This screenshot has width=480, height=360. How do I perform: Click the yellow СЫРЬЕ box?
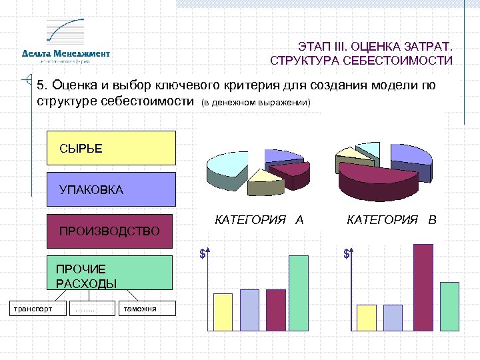point(111,148)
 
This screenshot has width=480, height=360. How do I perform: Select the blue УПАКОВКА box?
point(111,189)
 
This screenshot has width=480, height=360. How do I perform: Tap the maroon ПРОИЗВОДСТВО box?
point(110,231)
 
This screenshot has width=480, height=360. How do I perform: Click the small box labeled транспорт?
point(31,308)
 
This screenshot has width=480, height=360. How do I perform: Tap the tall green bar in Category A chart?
point(298,293)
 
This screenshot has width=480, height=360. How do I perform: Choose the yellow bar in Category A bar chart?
point(223,311)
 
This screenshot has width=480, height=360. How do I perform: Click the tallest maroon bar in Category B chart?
point(423,287)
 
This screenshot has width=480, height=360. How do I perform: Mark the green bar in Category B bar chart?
point(449,306)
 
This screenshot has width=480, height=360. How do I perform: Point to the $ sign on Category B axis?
point(347,254)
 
